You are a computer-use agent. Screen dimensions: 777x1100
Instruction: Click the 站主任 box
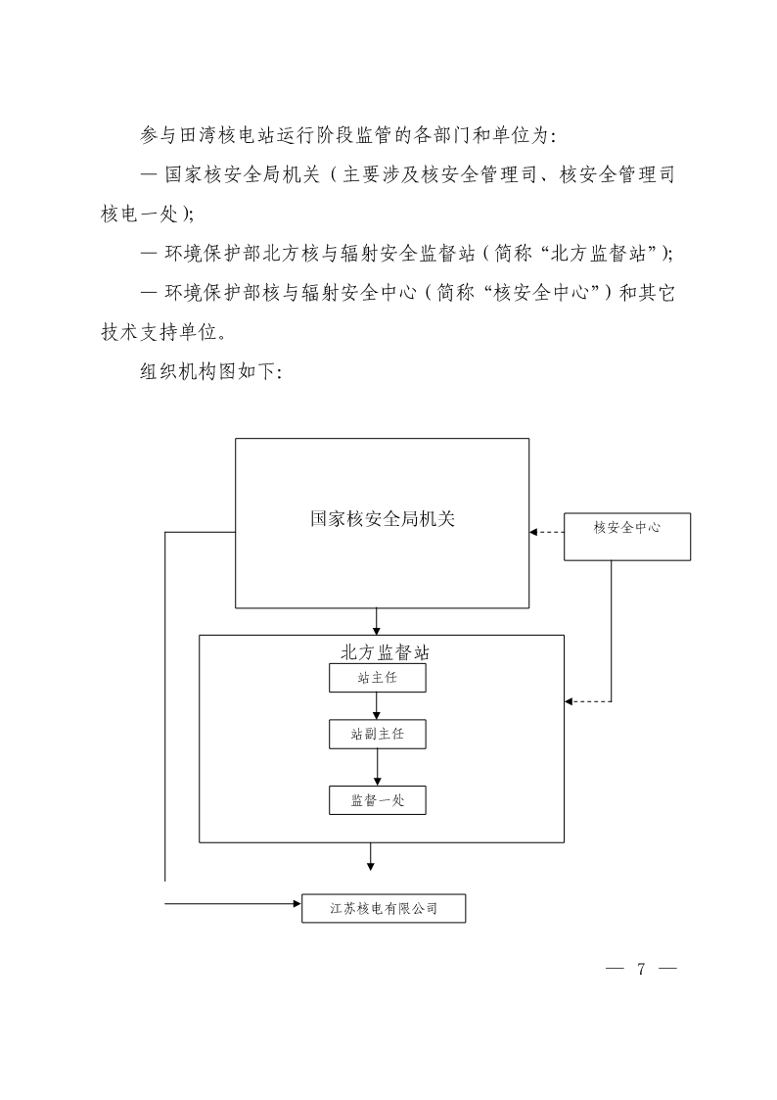[x=377, y=678]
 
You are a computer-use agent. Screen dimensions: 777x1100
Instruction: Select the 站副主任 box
[x=377, y=734]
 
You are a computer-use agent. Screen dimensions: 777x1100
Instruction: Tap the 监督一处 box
[x=377, y=800]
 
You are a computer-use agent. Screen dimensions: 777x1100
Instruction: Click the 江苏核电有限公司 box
[x=384, y=908]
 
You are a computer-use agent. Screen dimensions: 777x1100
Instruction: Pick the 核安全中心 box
[x=627, y=537]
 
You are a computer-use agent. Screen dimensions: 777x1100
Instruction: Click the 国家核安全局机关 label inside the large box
[x=383, y=519]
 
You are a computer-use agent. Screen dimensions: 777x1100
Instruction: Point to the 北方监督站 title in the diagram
[x=385, y=652]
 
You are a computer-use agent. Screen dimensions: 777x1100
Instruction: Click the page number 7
[x=640, y=969]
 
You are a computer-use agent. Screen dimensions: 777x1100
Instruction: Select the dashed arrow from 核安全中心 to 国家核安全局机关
[x=546, y=533]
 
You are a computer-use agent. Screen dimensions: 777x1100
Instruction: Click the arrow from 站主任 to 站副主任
[x=377, y=705]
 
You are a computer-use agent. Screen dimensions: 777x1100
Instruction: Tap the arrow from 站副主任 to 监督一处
[x=377, y=768]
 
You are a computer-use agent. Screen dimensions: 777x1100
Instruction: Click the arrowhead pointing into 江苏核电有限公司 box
[x=297, y=903]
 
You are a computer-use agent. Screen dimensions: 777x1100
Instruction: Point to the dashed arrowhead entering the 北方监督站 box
[x=569, y=701]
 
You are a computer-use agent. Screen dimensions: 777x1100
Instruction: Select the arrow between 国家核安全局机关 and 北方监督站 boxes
[x=377, y=622]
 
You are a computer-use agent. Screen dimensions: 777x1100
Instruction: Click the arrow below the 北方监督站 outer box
[x=370, y=856]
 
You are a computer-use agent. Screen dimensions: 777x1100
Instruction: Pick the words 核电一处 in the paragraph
[x=139, y=214]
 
